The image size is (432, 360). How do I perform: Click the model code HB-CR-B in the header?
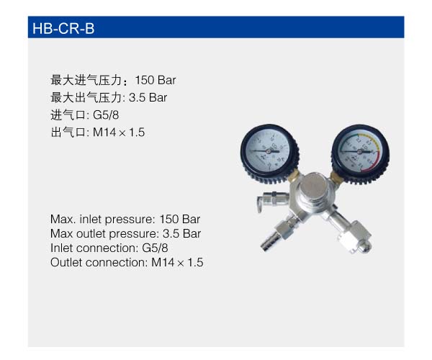63,29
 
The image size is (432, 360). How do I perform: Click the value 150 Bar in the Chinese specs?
156,80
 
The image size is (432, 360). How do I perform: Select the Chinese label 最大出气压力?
86,97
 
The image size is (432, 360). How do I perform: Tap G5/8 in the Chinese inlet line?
106,115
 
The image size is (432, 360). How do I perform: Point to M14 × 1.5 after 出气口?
119,132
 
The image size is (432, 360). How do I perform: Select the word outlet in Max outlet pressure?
91,233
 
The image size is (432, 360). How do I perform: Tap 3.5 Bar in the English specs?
181,233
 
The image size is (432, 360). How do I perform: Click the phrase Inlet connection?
94,248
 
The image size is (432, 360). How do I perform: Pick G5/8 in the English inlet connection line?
155,248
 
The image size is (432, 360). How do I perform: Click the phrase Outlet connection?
99,262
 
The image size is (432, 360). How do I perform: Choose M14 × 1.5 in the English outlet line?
177,262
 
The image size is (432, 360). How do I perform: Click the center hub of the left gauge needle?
268,151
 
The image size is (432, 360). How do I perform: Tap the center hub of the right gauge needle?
359,151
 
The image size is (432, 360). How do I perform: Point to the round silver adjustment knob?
313,185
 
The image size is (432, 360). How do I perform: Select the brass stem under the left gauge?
294,175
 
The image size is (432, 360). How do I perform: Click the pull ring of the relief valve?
259,204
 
